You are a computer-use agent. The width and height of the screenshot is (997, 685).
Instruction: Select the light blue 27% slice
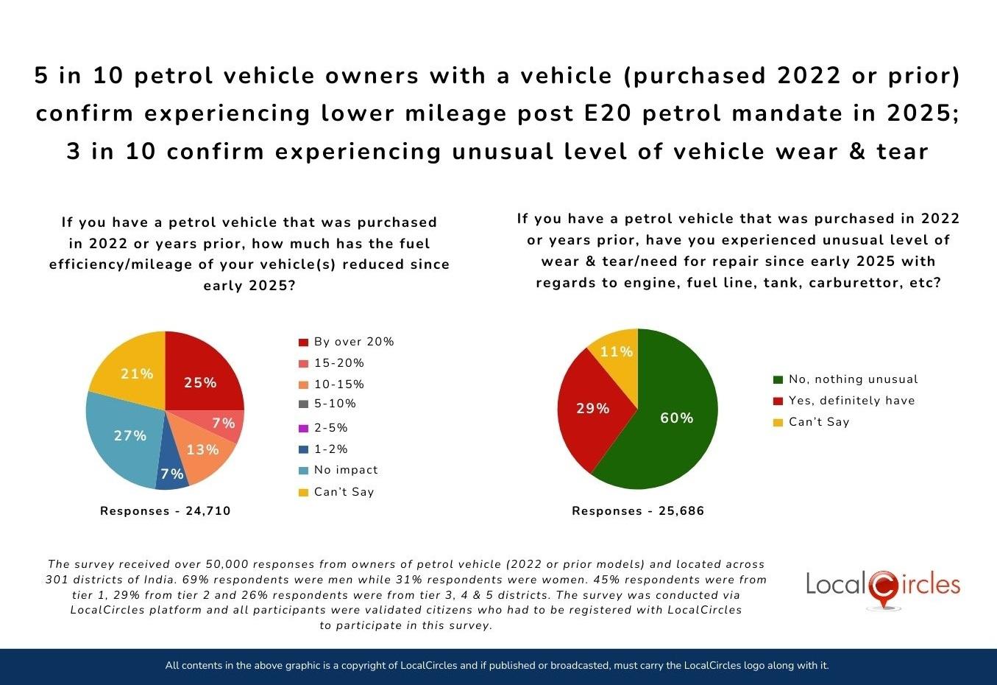(125, 438)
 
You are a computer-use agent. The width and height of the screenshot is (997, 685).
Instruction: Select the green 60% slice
(673, 420)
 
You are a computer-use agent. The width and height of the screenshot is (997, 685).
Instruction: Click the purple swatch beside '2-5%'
(303, 429)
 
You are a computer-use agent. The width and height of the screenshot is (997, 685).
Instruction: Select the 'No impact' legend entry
(345, 470)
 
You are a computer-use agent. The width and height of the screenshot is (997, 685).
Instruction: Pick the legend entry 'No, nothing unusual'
(853, 379)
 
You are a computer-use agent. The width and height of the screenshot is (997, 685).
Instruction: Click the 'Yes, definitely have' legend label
(851, 401)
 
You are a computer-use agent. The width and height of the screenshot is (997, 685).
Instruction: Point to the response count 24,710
(207, 511)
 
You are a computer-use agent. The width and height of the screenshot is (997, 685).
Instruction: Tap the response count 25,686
(681, 511)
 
